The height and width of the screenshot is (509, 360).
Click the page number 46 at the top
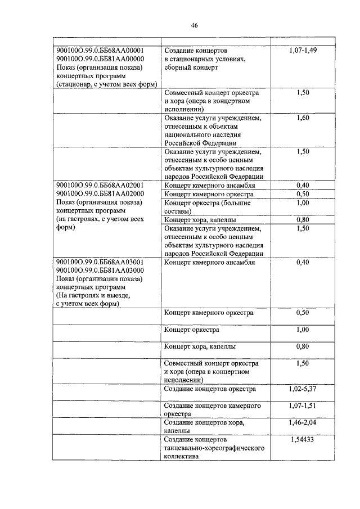(194, 25)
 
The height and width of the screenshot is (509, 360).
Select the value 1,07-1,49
(302, 50)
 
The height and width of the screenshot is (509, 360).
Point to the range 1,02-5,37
(302, 389)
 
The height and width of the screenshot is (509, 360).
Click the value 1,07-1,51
(302, 406)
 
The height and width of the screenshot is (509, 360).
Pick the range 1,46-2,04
(302, 422)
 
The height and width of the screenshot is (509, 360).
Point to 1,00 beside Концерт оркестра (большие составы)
(302, 202)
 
